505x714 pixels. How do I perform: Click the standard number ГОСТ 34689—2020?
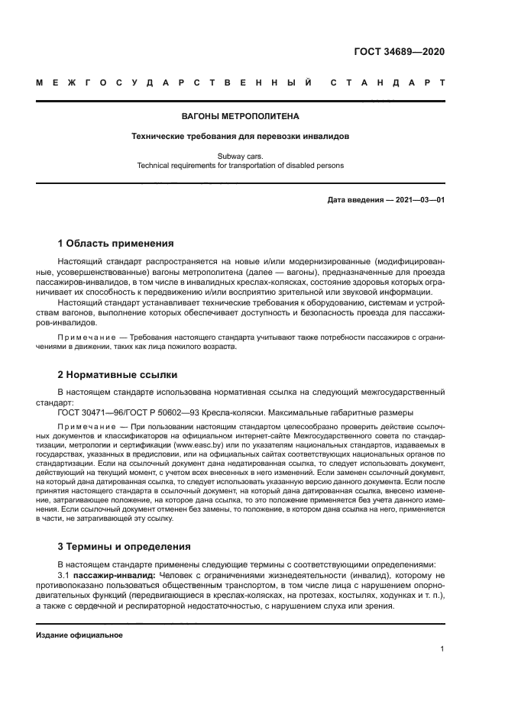pyautogui.click(x=400, y=52)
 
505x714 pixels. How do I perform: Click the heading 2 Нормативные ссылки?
pyautogui.click(x=118, y=375)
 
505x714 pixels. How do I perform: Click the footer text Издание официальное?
pyautogui.click(x=79, y=635)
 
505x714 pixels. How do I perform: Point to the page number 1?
pyautogui.click(x=442, y=649)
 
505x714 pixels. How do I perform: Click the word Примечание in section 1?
pyautogui.click(x=83, y=337)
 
